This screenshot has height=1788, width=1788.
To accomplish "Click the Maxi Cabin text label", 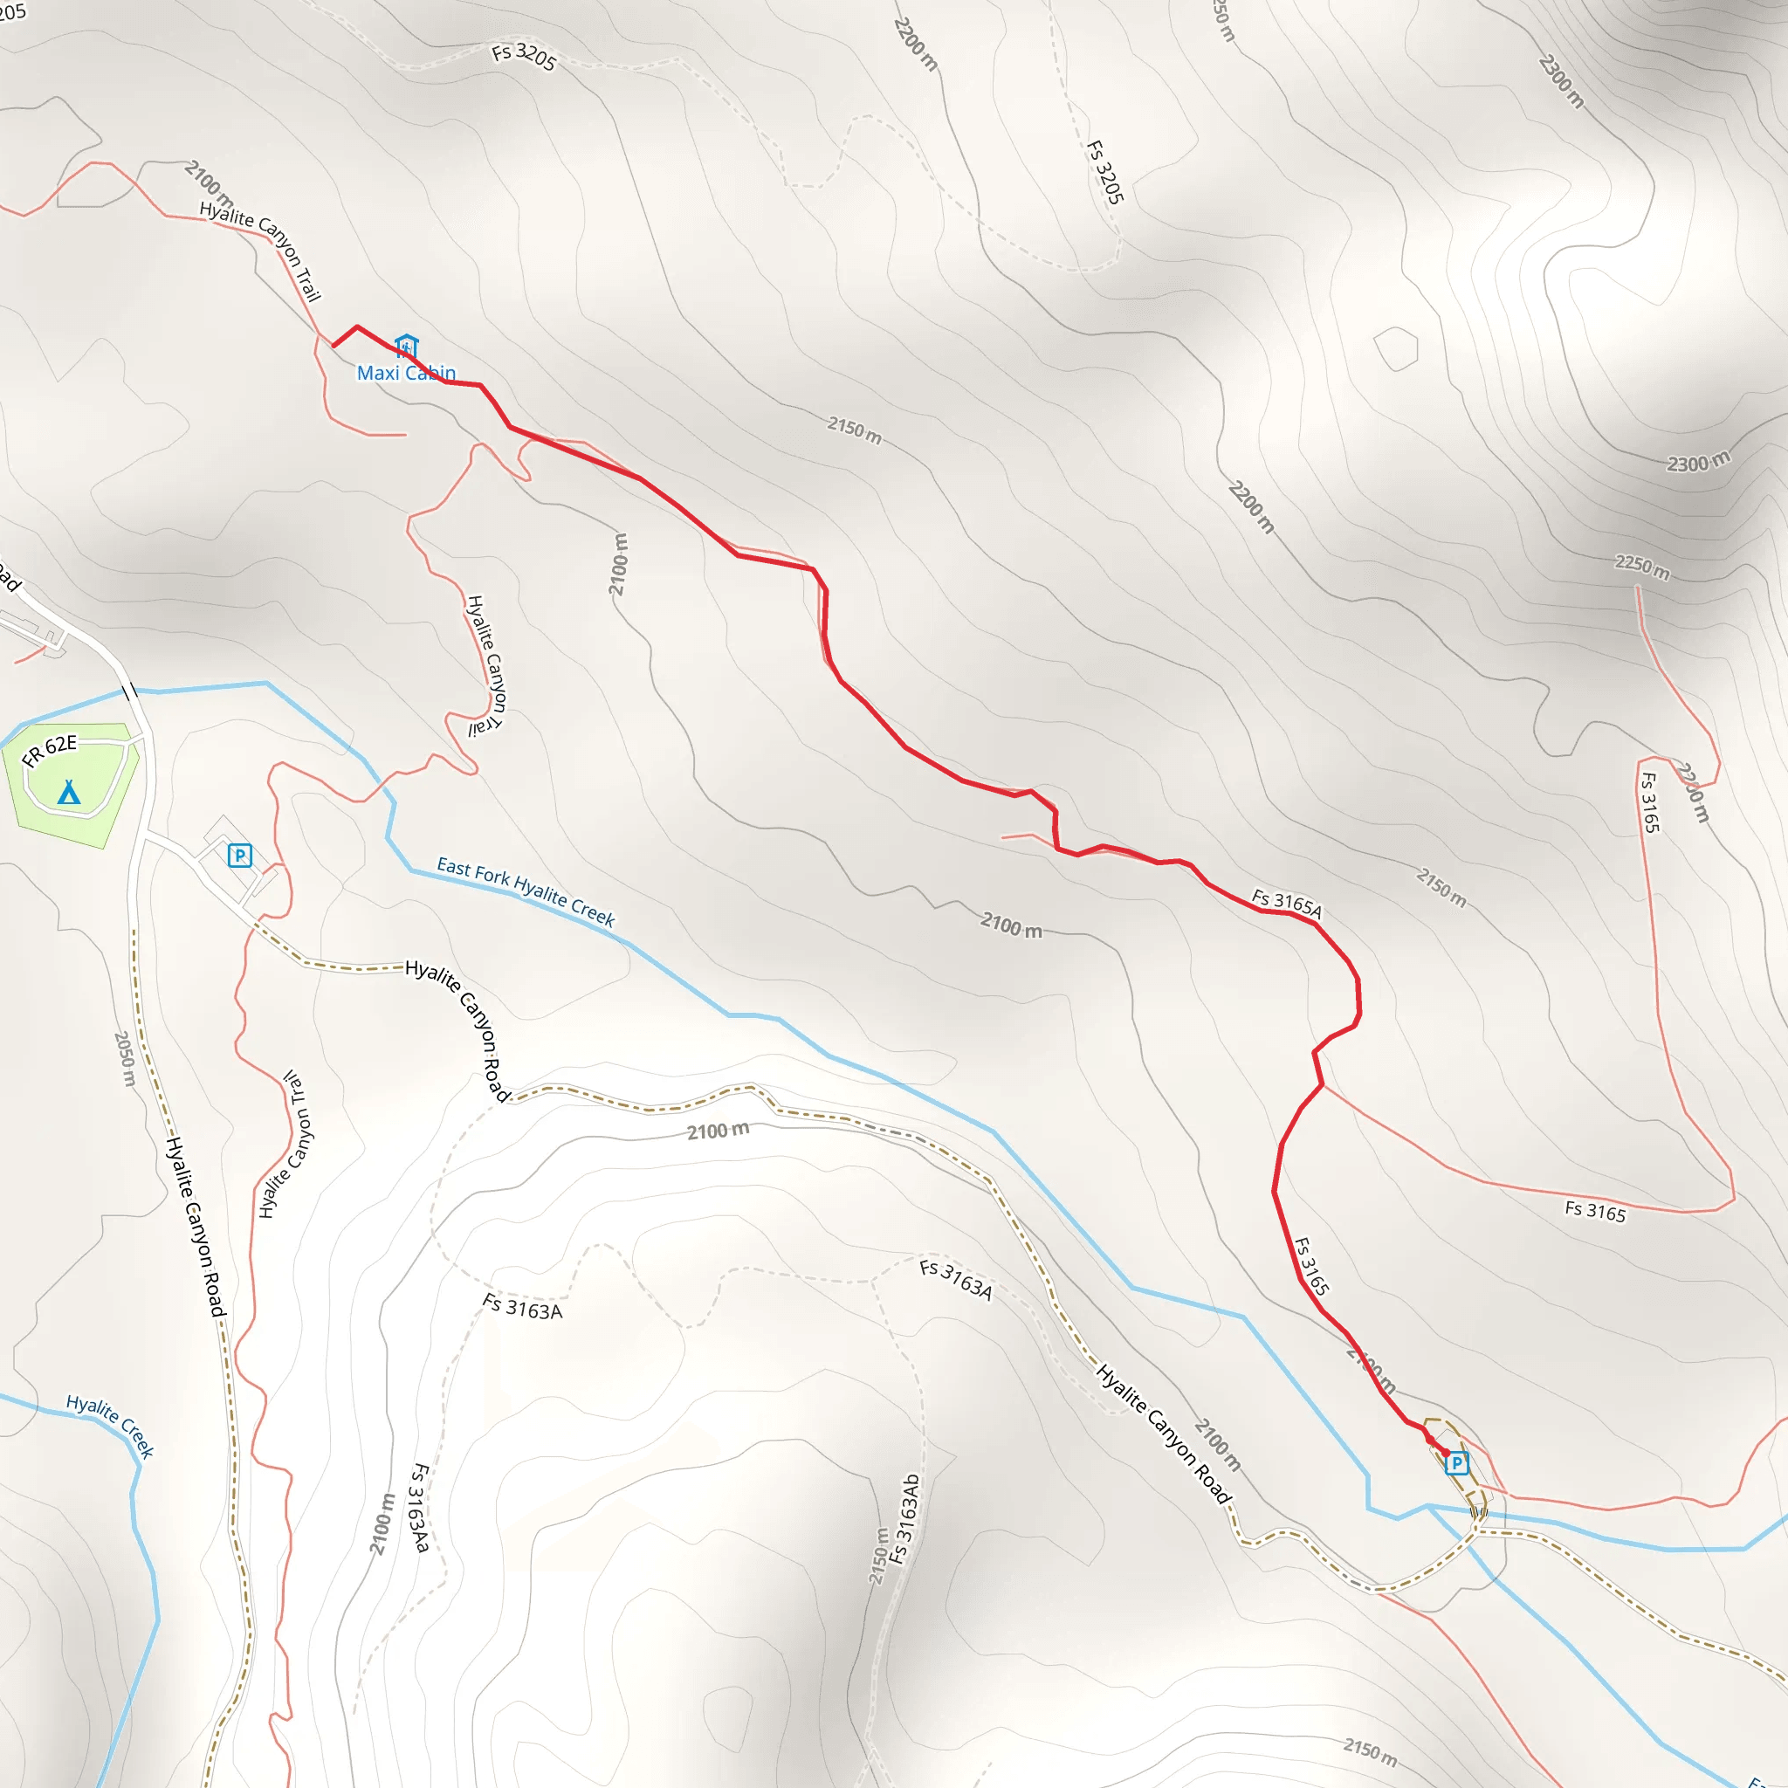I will click(406, 373).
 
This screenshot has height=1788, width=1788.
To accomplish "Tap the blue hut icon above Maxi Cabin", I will click(406, 346).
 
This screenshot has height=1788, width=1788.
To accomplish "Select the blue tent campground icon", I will click(68, 792).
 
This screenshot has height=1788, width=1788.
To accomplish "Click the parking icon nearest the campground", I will click(240, 855).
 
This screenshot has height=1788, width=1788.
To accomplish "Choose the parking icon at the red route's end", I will click(1457, 1463).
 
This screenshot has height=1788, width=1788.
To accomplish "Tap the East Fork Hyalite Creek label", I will click(526, 892).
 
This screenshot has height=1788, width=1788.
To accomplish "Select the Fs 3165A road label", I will click(1286, 904).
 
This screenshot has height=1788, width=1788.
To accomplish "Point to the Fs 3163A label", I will click(956, 1280).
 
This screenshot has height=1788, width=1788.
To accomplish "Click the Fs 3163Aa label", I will click(420, 1508).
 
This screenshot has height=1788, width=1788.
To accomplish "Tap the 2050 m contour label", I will click(125, 1059).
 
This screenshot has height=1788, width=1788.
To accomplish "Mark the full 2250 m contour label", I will click(1643, 567).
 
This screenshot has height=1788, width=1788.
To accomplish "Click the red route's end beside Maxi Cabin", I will click(334, 346).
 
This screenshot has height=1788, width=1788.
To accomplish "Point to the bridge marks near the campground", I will click(130, 690).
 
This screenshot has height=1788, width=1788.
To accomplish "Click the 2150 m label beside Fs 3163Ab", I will click(878, 1557).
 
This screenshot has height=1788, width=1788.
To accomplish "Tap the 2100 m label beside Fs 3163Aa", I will click(382, 1523).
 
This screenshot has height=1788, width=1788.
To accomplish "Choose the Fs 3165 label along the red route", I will click(1311, 1266).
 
